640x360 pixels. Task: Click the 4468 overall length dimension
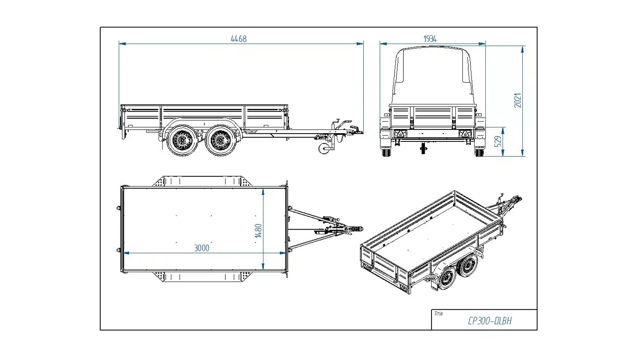pos(239,39)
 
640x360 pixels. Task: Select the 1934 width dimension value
pos(430,39)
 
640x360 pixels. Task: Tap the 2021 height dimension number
pos(517,100)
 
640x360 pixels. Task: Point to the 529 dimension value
pos(498,141)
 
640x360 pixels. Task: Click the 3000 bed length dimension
pos(202,248)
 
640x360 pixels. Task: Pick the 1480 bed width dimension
pos(259,230)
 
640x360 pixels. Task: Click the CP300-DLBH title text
pos(490,321)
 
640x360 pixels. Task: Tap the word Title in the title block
pos(438,314)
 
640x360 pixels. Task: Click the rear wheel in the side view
pos(182,140)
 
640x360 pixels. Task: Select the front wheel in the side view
pos(220,140)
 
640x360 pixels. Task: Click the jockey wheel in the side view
pos(324,149)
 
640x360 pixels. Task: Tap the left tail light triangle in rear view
pos(400,134)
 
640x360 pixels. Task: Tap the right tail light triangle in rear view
pos(464,134)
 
